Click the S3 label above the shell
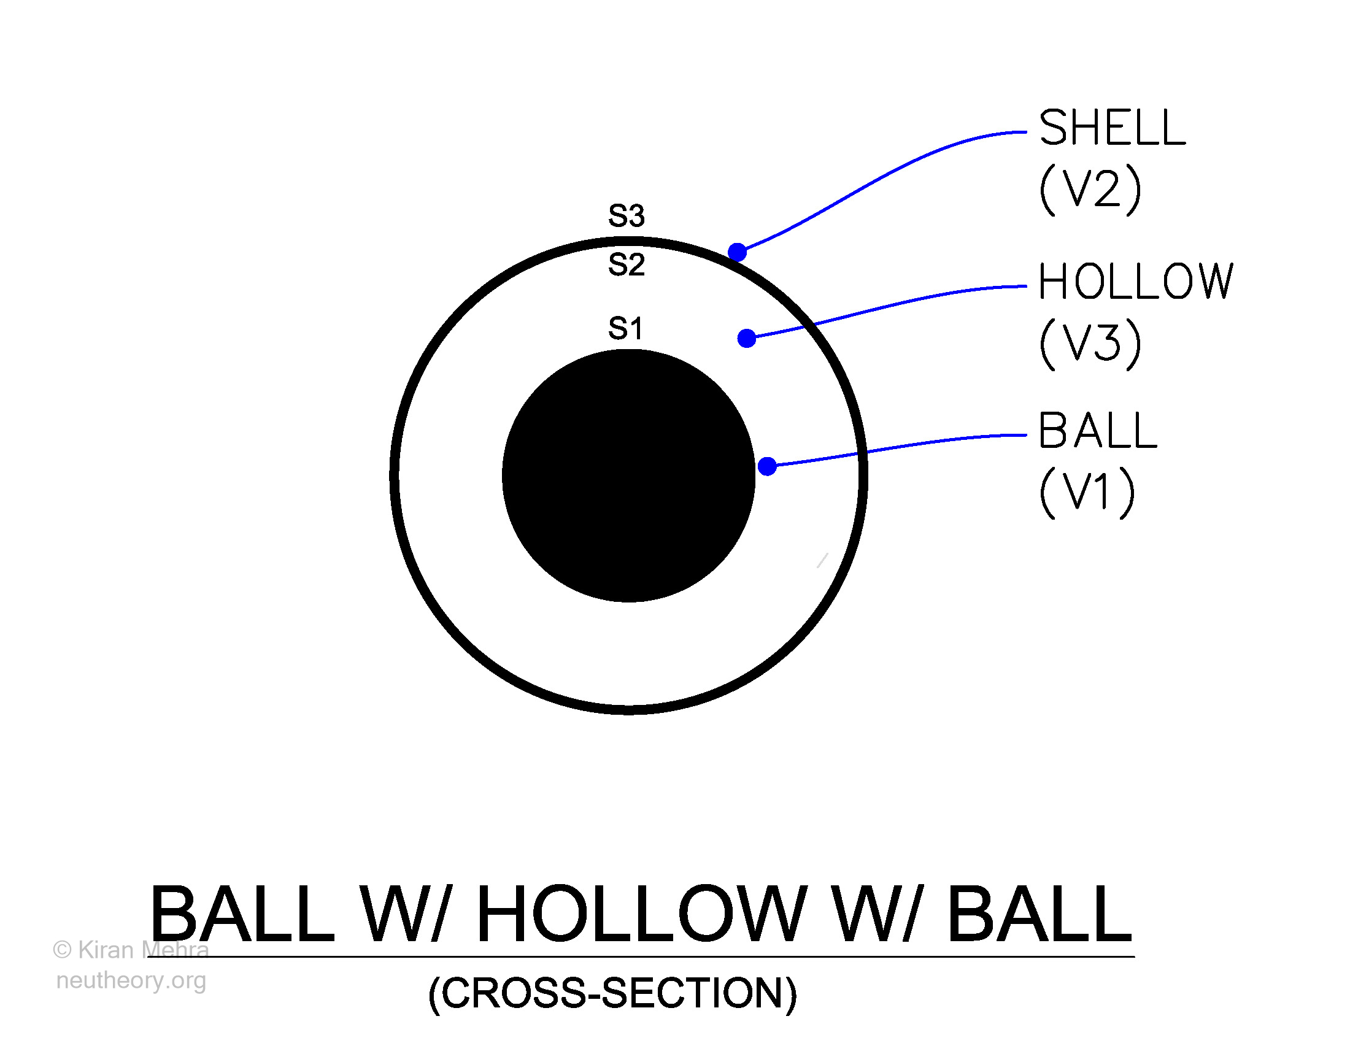[626, 215]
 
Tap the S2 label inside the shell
[626, 264]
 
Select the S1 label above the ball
[625, 328]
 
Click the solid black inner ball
[628, 475]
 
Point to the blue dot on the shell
[737, 252]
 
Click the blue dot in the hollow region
[747, 338]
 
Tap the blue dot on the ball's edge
[767, 466]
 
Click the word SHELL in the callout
[1113, 128]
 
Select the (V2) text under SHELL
[1090, 190]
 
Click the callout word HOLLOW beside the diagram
[1136, 282]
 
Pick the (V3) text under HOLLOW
[1090, 344]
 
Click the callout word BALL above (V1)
[1098, 430]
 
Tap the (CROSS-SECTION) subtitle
[612, 993]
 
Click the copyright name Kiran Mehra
[144, 950]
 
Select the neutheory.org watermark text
[131, 980]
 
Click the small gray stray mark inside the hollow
[822, 560]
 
